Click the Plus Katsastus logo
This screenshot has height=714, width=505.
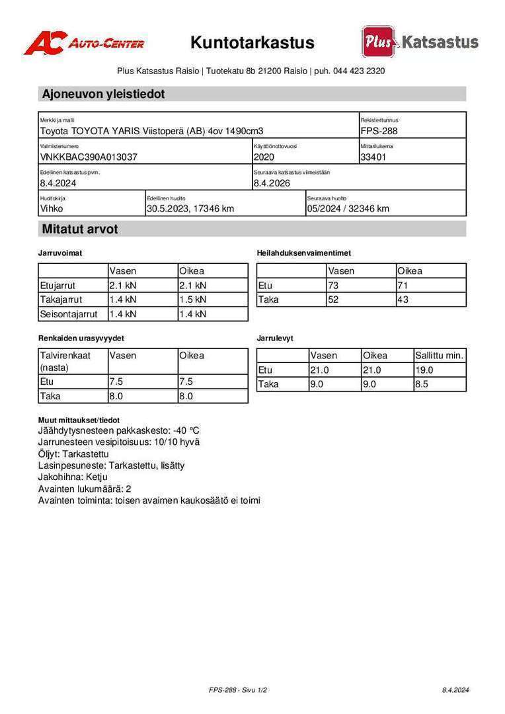pos(420,42)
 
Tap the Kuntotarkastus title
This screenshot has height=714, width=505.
pos(252,43)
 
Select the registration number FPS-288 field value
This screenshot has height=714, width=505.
pos(379,131)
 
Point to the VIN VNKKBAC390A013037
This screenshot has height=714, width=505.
pos(89,157)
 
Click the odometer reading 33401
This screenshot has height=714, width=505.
pos(373,157)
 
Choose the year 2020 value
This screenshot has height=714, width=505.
pos(264,157)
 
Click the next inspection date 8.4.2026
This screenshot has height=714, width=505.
pos(272,183)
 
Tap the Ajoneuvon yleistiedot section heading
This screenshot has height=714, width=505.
pos(103,94)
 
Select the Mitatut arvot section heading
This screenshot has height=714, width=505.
pos(80,229)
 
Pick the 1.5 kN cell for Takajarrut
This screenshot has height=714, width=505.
pos(193,300)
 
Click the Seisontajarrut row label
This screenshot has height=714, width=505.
pos(69,314)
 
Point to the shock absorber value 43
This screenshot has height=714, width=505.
pos(403,299)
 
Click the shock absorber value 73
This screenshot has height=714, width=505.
pos(333,286)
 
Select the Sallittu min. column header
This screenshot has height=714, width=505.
pos(439,356)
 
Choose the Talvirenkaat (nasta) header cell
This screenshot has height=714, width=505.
pos(65,361)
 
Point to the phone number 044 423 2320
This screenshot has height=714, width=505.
pos(360,71)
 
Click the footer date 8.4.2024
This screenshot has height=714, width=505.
pos(455,690)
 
